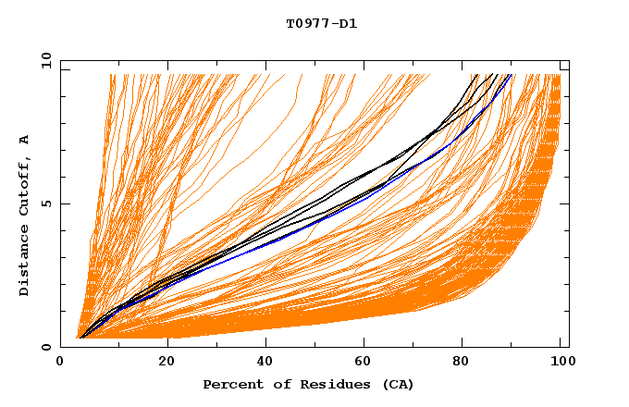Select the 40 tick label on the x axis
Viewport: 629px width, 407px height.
[x=265, y=362]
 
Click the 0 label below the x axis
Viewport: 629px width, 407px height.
[x=61, y=362]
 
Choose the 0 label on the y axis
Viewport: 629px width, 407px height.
[x=46, y=347]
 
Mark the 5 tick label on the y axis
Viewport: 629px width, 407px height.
[x=46, y=203]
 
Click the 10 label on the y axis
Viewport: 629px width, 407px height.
[x=43, y=60]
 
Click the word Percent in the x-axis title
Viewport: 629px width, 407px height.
[x=229, y=384]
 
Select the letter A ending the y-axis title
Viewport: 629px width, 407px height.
[x=25, y=140]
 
